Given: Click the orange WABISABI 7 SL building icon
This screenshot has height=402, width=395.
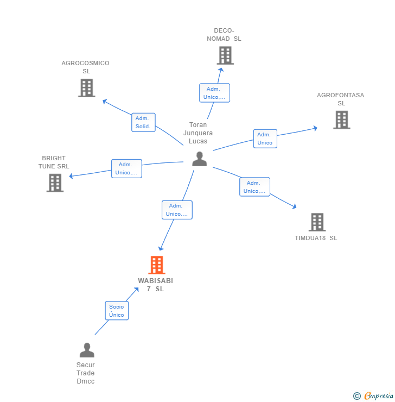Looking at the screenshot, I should [x=157, y=265].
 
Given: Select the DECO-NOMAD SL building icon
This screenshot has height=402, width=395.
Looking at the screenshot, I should [x=225, y=55].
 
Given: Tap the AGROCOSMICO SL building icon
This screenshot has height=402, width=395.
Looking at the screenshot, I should [x=87, y=88].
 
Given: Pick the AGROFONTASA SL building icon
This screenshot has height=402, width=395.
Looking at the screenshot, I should [x=341, y=120].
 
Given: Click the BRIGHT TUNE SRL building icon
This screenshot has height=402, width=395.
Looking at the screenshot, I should [x=55, y=183].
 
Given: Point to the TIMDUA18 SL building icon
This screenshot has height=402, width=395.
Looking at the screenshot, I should [x=317, y=222].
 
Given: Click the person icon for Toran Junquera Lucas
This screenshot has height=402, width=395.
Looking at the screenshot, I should [x=200, y=159].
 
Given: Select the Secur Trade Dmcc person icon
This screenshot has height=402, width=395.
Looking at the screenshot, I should [x=87, y=350].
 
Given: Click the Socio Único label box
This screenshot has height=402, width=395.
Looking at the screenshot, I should [x=117, y=311].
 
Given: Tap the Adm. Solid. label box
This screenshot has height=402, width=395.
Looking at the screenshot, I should [x=143, y=122].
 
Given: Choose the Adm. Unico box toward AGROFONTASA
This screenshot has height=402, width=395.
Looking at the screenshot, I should [x=265, y=139].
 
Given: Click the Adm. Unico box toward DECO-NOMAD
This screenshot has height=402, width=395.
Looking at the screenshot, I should [x=214, y=93].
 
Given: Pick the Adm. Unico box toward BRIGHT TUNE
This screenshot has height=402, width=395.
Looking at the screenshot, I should [x=126, y=168].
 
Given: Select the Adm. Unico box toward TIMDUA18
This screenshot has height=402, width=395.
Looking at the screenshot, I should [x=254, y=187].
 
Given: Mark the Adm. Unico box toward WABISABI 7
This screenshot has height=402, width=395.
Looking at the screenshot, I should [x=177, y=210].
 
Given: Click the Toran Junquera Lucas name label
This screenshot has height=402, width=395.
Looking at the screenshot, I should [x=198, y=133].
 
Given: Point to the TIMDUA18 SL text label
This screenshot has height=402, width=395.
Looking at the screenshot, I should [x=316, y=238].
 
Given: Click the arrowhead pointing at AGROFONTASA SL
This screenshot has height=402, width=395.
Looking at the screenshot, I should [x=315, y=128].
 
